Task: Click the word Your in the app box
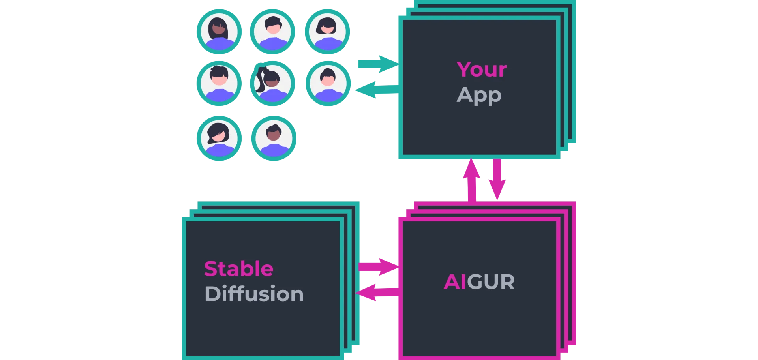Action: (x=482, y=69)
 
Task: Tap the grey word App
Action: (x=479, y=96)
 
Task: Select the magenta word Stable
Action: (x=238, y=269)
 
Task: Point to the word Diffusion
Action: (x=254, y=294)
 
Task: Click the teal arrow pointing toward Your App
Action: (x=377, y=64)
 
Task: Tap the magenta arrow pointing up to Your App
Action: (x=471, y=180)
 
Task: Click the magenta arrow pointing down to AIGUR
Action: (x=497, y=180)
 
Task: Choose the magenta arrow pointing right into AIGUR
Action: (x=378, y=267)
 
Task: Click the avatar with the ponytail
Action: (x=272, y=84)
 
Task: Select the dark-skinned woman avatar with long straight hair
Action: (x=219, y=31)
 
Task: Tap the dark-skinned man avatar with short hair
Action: (x=273, y=138)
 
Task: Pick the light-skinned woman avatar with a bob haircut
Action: (x=327, y=31)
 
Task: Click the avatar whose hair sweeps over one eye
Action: (x=219, y=138)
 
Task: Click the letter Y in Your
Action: (x=463, y=69)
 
